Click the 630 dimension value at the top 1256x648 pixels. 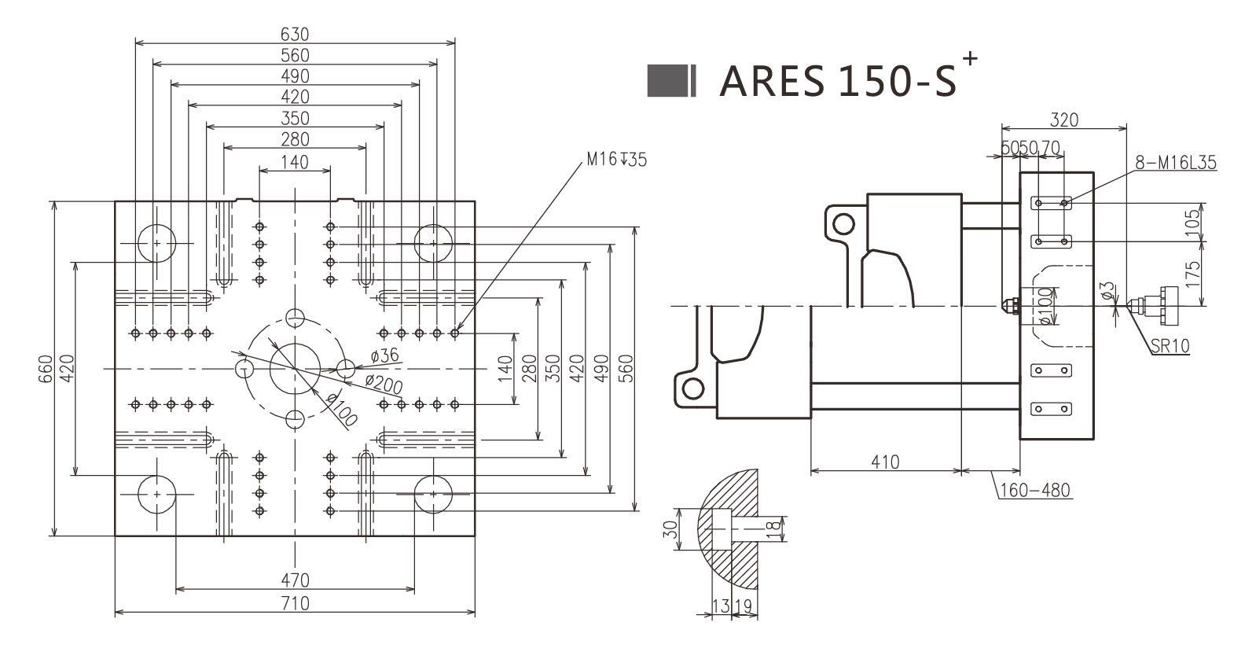pos(295,35)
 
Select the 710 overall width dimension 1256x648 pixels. pos(295,604)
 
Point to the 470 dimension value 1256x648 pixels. pos(295,580)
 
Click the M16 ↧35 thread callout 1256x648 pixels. pos(616,160)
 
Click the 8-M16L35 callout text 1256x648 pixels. pos(1175,163)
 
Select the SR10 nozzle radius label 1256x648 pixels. pos(1170,346)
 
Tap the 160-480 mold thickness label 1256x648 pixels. pos(1034,491)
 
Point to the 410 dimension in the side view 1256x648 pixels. pos(885,462)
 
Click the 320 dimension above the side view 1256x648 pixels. pos(1064,120)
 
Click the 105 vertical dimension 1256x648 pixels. pos(1193,223)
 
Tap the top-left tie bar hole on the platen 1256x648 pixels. pos(157,244)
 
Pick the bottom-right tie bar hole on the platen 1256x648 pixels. pos(432,494)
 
